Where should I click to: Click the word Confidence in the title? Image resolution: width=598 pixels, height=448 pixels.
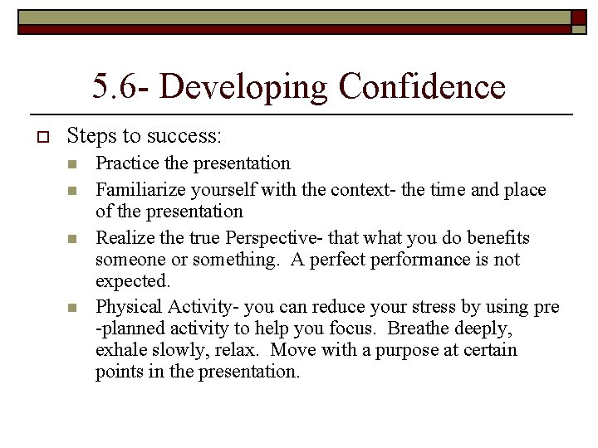(422, 86)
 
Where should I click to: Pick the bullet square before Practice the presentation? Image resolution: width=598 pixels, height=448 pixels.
(73, 164)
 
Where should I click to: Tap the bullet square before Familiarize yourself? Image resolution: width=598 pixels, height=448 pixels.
(73, 191)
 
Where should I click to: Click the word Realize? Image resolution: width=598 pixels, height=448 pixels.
(122, 238)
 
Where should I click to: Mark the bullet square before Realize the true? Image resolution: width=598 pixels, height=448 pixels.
(73, 239)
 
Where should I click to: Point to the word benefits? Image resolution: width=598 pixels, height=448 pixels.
(498, 238)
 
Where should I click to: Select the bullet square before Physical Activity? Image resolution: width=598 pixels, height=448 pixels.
(73, 308)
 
